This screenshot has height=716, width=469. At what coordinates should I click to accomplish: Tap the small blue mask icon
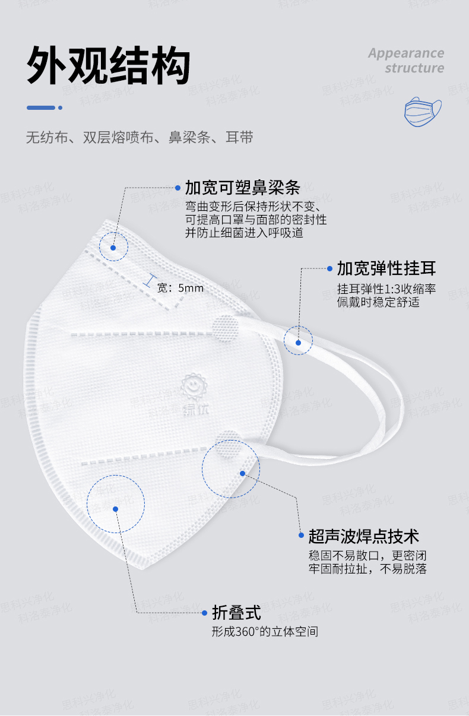point(423,112)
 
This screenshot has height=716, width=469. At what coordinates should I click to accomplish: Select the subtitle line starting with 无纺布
point(140,138)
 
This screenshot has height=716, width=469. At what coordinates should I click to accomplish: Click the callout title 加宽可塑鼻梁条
point(243,188)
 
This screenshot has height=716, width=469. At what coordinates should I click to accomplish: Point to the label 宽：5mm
point(180,289)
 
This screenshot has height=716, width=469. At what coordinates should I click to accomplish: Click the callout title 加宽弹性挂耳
point(386,268)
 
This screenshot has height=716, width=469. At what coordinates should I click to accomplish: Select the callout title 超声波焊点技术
point(364,536)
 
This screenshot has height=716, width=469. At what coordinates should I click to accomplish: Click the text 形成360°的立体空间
point(265,632)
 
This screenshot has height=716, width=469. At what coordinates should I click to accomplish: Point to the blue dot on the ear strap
point(299,342)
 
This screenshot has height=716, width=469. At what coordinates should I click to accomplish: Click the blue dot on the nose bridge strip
point(113,248)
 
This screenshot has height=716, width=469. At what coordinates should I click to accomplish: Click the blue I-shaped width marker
point(151,281)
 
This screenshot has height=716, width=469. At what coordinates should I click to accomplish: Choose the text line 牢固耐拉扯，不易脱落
point(367,569)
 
